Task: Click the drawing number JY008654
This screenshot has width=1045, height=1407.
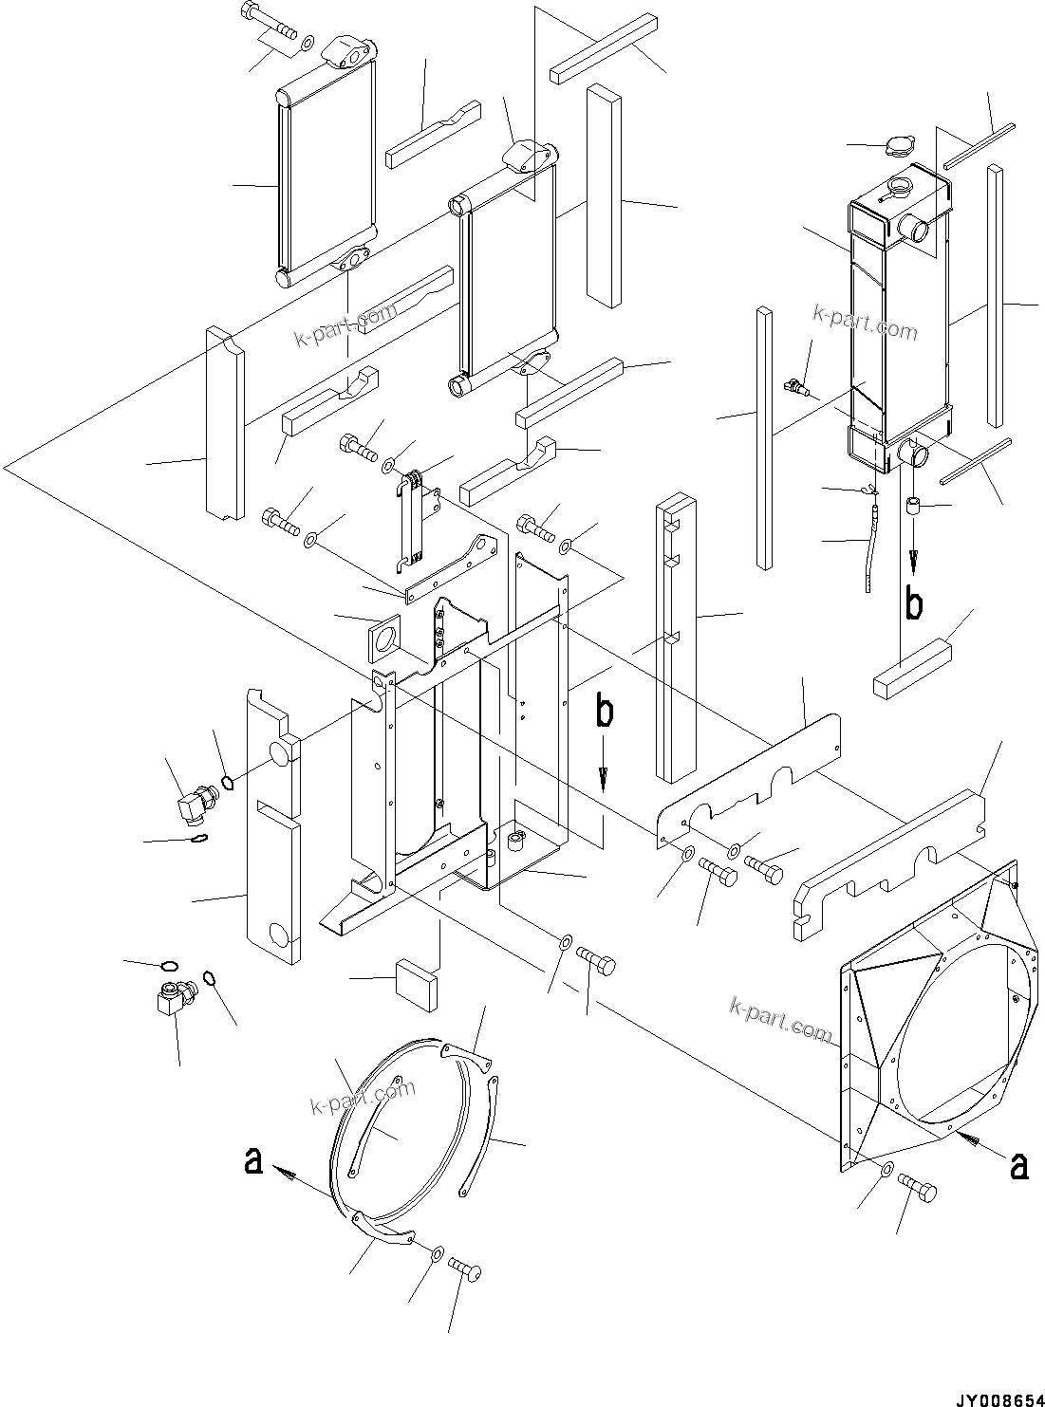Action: (998, 1394)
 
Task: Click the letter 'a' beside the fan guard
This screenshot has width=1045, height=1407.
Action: (252, 1160)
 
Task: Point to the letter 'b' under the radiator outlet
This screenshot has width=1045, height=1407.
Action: (913, 604)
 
